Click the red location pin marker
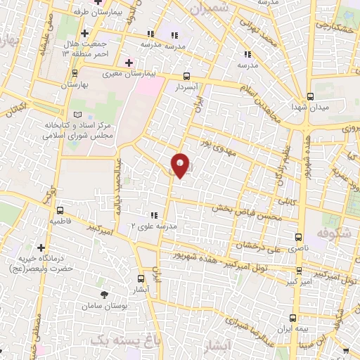(180, 165)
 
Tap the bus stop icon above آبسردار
(186, 77)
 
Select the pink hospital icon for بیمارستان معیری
(129, 63)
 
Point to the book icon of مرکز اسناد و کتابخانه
(77, 115)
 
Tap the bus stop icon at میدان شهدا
(310, 97)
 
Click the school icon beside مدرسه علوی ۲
(153, 214)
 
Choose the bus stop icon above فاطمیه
(60, 210)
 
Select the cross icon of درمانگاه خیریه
(41, 248)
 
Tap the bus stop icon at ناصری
(300, 237)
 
